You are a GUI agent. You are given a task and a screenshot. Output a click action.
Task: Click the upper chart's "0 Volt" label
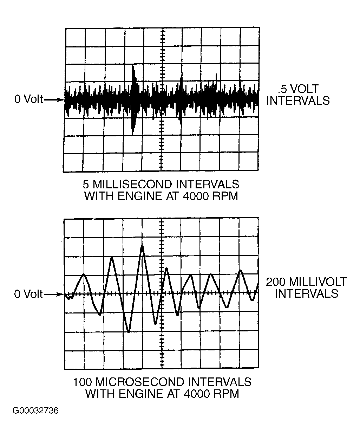coord(28,99)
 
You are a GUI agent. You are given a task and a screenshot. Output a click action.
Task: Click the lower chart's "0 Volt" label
coord(28,294)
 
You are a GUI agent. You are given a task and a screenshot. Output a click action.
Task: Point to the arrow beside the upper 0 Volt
coord(54,100)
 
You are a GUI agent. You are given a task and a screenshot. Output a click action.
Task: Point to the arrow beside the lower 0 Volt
coord(54,294)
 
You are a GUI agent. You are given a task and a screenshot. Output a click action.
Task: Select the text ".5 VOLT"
coord(298,89)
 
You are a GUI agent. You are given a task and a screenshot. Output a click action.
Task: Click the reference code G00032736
coord(35,411)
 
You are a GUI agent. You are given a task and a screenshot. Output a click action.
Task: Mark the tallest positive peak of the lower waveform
coord(142,246)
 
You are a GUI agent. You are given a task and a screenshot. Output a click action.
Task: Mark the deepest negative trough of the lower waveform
coord(129,331)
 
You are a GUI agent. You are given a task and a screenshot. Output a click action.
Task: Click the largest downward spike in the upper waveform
coord(133,133)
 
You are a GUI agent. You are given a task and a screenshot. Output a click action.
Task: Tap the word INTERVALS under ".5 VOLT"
coord(298,101)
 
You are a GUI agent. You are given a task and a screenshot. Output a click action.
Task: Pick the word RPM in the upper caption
coord(225,196)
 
